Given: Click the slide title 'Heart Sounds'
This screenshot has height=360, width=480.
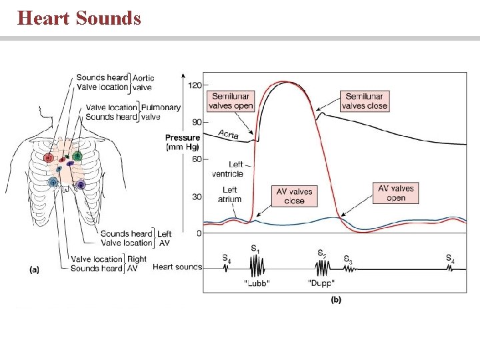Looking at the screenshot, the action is (79, 17).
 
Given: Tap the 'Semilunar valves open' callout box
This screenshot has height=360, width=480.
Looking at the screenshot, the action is (231, 101).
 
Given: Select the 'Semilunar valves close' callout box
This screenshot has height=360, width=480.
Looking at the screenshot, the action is (364, 101).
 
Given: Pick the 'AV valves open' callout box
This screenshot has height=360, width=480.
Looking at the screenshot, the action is (395, 193).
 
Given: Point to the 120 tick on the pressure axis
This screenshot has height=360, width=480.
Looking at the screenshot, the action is (195, 85).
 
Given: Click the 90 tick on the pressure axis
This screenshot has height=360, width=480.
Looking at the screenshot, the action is (197, 123).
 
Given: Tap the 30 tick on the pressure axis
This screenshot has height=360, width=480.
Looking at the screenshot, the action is (197, 197).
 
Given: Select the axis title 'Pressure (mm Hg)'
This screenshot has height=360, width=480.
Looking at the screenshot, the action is (183, 143).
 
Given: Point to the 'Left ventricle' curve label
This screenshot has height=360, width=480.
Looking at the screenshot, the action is (227, 169).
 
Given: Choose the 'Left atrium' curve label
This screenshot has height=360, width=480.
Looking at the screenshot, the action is (229, 195).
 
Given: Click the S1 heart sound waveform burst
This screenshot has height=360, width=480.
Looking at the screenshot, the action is (256, 267).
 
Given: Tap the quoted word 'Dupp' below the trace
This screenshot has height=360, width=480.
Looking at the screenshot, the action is (321, 283).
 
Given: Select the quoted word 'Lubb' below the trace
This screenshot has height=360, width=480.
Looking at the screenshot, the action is (257, 283).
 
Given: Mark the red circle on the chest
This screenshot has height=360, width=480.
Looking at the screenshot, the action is (49, 158).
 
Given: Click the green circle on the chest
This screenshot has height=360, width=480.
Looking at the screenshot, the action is (77, 156).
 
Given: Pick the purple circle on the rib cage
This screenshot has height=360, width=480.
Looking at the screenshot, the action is (81, 184).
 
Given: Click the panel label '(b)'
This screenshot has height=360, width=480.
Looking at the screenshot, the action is (336, 300).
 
